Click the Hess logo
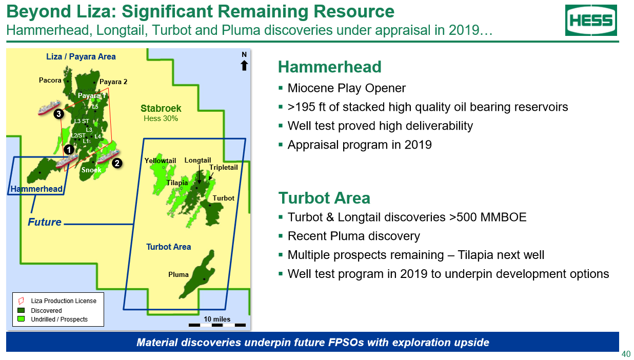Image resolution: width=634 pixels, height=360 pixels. click(591, 20)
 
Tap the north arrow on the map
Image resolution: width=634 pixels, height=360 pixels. click(244, 65)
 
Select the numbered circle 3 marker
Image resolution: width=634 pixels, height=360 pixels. click(58, 114)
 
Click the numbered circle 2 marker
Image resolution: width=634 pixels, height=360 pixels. click(117, 163)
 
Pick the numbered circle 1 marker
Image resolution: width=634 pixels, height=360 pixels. click(69, 150)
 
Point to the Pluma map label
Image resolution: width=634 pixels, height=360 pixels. click(179, 274)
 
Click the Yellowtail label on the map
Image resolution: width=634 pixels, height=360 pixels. click(160, 161)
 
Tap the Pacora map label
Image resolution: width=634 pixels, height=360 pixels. click(50, 81)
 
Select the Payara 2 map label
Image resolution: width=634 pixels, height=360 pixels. click(113, 82)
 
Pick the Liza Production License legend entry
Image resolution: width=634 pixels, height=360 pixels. click(57, 301)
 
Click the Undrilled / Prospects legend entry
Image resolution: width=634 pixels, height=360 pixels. click(52, 319)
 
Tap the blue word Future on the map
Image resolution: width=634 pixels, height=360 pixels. click(45, 222)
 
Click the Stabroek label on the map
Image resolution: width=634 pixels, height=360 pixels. click(161, 108)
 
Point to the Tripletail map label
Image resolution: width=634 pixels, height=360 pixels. click(224, 168)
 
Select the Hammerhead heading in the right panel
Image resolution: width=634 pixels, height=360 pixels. click(330, 67)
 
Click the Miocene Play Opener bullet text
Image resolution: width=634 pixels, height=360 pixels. click(346, 88)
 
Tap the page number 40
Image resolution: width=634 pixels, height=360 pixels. click(626, 354)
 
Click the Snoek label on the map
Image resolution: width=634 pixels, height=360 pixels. click(91, 170)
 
